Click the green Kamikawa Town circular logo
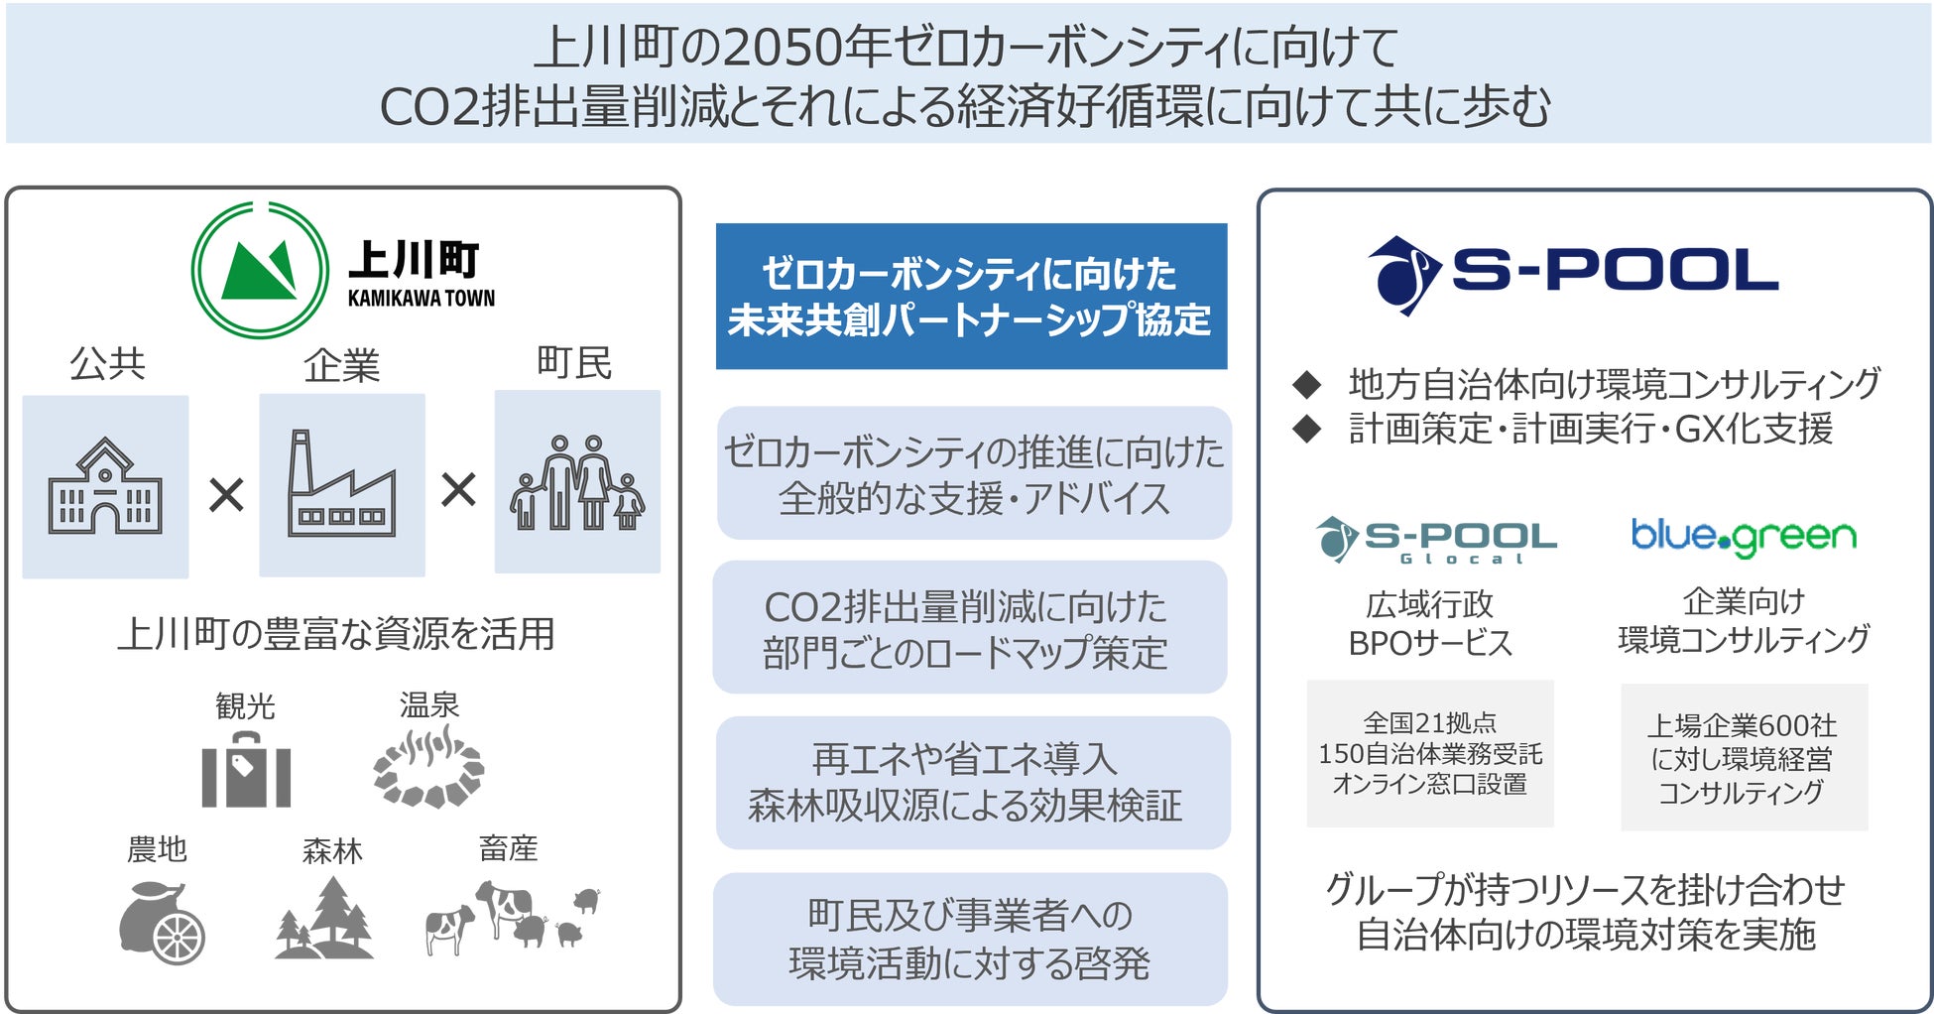pos(260,270)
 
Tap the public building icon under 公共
pos(105,487)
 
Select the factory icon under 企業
pos(342,485)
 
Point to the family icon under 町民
pos(577,482)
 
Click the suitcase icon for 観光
pos(246,770)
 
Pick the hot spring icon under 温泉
pos(428,767)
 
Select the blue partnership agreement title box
pos(971,297)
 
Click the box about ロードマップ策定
pos(970,628)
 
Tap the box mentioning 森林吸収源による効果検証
pos(972,783)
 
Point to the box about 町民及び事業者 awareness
pos(970,939)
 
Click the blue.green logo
pos(1744,537)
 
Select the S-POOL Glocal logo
pos(1435,540)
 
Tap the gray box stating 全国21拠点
pos(1429,753)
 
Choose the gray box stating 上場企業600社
pos(1744,757)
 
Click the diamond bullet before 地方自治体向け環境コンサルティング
pos(1307,384)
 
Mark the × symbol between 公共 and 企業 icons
pos(226,493)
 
